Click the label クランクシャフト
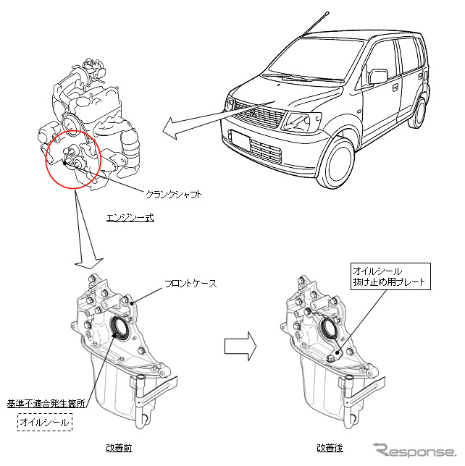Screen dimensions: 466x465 click(173, 195)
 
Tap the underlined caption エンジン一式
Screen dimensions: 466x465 click(130, 217)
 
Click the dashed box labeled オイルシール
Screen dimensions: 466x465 click(45, 422)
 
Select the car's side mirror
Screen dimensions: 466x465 click(378, 76)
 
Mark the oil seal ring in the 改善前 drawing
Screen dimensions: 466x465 click(120, 330)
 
